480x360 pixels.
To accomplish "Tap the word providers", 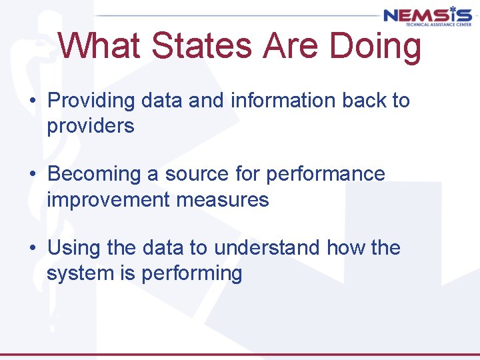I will coord(90,125).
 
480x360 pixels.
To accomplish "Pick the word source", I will coord(197,174).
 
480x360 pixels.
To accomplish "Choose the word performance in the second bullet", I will coord(325,174).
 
